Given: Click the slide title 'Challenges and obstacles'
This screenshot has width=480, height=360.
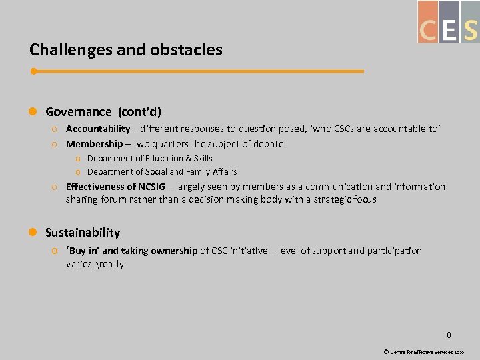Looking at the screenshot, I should coord(125,50).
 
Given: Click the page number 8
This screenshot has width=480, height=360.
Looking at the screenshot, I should coord(449,335).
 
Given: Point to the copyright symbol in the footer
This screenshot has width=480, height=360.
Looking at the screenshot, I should coord(386,351).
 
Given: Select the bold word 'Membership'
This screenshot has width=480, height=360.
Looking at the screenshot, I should coord(94,144).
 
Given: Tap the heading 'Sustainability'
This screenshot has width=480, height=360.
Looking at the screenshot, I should coord(83,233).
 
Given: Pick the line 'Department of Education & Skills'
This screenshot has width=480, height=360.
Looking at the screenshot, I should coord(150,159).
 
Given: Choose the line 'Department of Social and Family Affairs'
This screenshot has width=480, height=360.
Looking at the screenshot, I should coord(162,172).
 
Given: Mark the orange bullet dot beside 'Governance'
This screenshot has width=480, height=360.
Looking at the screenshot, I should coord(33,112).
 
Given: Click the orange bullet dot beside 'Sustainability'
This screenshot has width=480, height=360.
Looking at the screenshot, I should coord(33,233).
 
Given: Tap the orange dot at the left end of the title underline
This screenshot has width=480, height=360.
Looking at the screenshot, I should coord(33,71).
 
